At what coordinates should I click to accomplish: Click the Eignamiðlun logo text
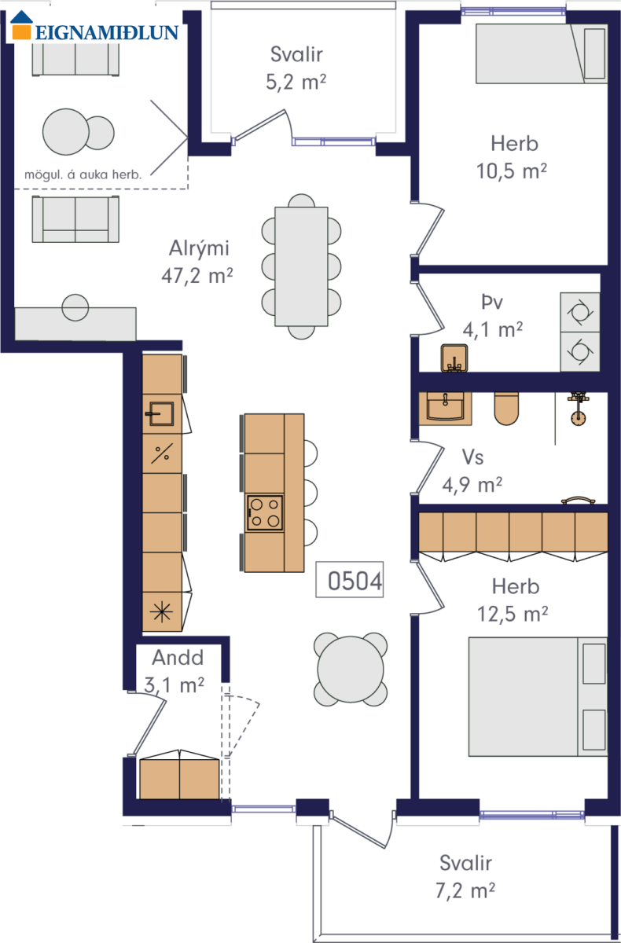tap(107, 32)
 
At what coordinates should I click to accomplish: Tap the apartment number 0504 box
tap(350, 579)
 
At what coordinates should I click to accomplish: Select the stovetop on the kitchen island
tap(264, 513)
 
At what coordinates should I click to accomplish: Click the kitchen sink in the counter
tap(160, 414)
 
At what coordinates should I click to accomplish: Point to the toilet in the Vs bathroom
tap(506, 409)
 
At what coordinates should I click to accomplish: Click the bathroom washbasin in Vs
tap(445, 408)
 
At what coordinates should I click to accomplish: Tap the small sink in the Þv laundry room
tap(454, 358)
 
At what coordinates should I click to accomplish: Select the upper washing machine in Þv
tap(580, 313)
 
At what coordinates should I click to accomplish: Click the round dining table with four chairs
tap(351, 669)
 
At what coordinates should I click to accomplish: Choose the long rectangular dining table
tap(301, 266)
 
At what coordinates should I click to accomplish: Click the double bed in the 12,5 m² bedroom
tap(538, 696)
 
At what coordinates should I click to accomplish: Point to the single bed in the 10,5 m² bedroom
tap(542, 53)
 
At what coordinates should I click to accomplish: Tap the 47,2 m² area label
tap(197, 276)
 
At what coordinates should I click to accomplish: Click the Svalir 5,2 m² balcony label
tap(296, 68)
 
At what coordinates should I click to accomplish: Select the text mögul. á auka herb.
tap(83, 174)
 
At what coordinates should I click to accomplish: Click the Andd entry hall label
tap(178, 658)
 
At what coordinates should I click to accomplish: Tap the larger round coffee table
tap(66, 132)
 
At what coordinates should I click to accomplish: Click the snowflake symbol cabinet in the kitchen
tap(162, 611)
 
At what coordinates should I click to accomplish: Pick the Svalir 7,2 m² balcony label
tap(465, 876)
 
